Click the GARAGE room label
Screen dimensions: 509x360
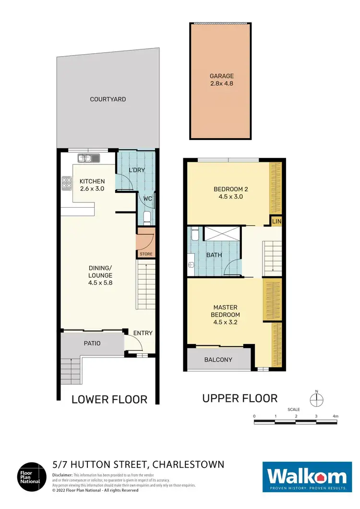click(x=221, y=76)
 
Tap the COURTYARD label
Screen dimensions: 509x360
click(x=108, y=99)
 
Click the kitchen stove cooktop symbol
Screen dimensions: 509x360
click(x=65, y=182)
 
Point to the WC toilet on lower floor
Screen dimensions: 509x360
click(x=147, y=218)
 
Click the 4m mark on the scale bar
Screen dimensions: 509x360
click(x=335, y=416)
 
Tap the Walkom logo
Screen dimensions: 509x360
click(x=306, y=477)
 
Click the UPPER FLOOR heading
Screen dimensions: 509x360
click(x=240, y=398)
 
